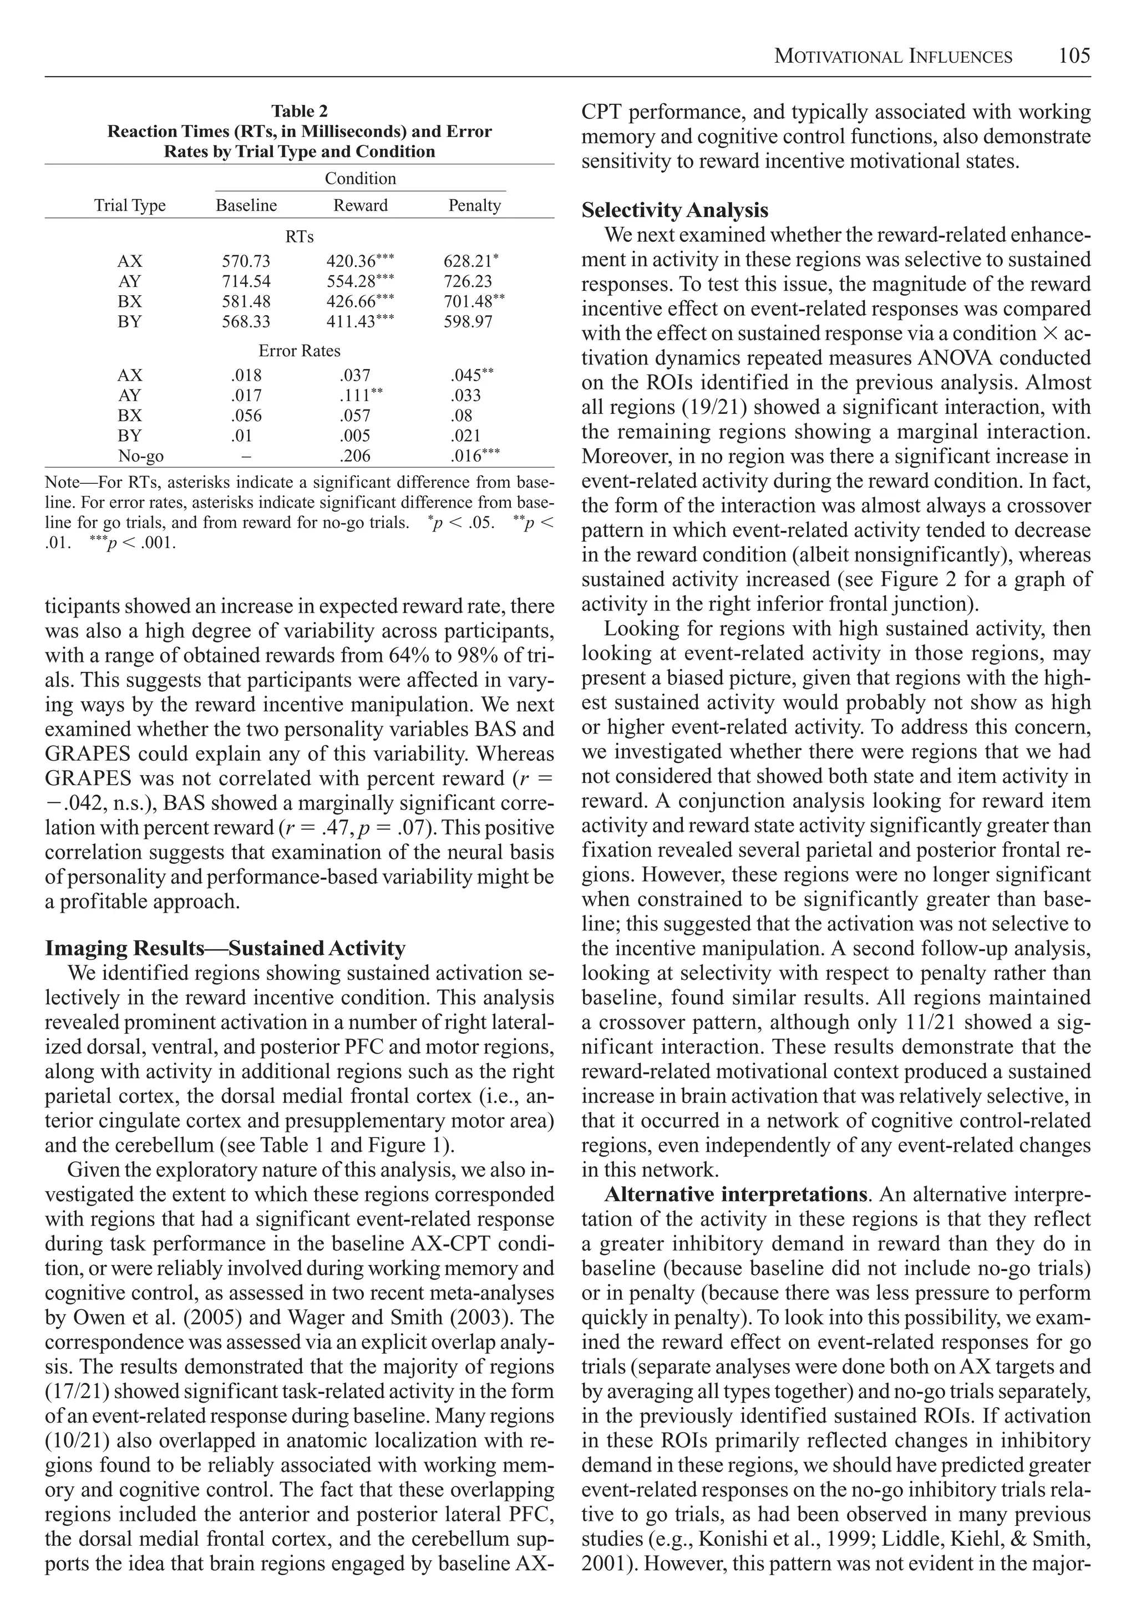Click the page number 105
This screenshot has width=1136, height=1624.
click(1074, 56)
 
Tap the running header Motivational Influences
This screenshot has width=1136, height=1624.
click(892, 57)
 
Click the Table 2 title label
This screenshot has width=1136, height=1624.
click(299, 111)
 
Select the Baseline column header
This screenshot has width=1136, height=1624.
click(246, 206)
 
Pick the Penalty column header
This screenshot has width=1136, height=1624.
click(474, 206)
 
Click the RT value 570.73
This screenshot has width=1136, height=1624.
click(246, 261)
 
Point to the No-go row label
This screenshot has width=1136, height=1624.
click(141, 456)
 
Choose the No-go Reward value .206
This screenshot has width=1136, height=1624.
click(354, 456)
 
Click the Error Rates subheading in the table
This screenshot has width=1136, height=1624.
click(299, 351)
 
